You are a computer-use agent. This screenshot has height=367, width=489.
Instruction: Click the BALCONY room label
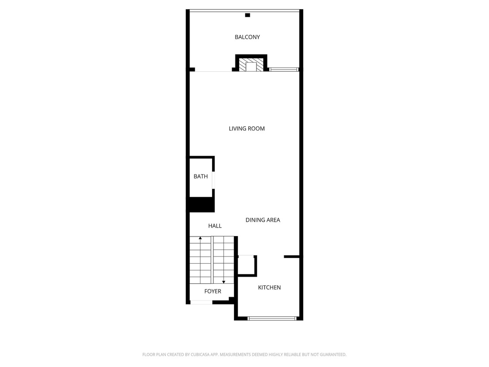247,37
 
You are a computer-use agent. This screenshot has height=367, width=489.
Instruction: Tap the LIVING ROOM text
246,129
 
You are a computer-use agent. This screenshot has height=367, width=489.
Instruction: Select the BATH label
201,176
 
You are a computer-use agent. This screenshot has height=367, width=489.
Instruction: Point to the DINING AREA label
263,220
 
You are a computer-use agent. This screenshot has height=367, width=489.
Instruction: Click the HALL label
215,226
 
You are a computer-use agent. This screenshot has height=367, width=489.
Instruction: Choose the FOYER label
213,291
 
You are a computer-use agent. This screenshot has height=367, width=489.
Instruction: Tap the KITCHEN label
269,287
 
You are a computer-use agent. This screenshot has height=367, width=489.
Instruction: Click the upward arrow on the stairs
201,238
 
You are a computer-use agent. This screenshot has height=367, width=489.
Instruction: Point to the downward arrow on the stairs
223,282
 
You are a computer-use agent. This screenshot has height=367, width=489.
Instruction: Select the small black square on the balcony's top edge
247,15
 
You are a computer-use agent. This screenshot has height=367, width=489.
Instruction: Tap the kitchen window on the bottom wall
272,318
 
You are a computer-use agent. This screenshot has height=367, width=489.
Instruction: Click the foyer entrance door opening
201,302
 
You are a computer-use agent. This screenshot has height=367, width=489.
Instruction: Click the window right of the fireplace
283,69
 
